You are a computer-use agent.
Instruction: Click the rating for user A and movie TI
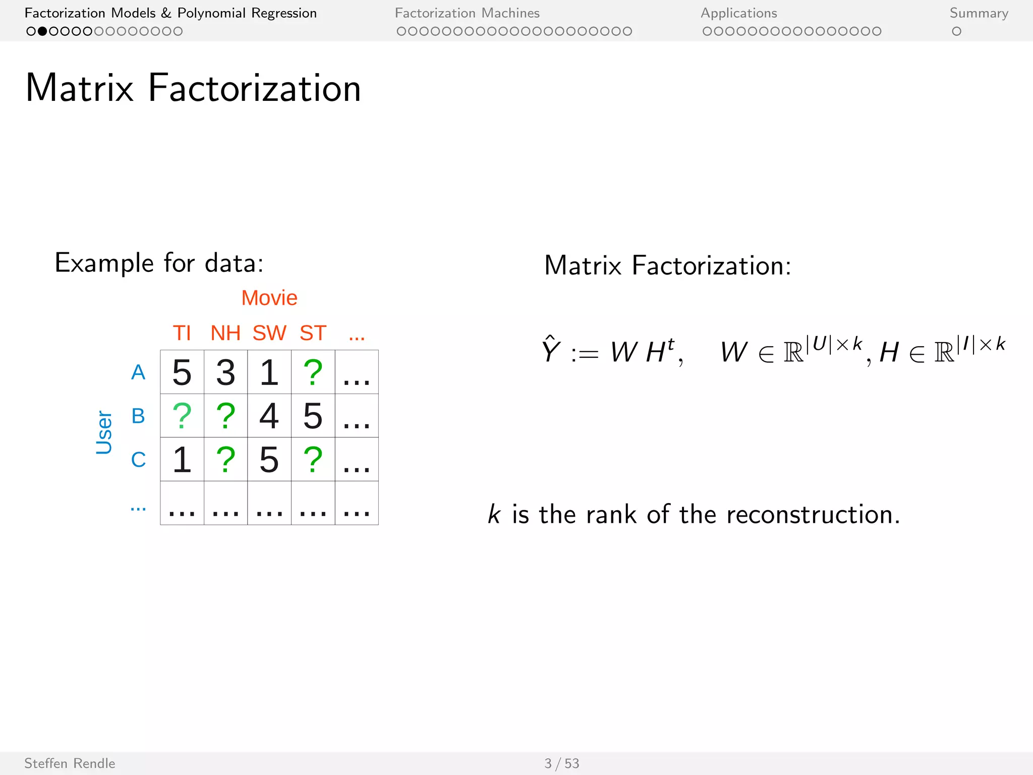[x=182, y=372]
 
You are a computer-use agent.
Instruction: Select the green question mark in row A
[x=313, y=372]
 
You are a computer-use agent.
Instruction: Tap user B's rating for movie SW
[x=269, y=416]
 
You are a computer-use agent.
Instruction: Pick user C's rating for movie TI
[x=182, y=460]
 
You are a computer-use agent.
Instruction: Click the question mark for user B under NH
[x=225, y=416]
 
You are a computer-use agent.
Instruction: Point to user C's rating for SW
[x=269, y=460]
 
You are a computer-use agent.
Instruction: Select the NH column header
[x=225, y=333]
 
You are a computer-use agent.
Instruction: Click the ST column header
[x=313, y=333]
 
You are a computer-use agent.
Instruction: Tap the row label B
[x=138, y=416]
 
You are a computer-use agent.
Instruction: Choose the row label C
[x=138, y=460]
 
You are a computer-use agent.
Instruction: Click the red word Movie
[x=269, y=298]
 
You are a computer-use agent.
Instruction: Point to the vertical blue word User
[x=104, y=432]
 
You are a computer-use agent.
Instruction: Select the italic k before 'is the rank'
[x=494, y=515]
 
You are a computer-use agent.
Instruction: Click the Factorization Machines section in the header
[x=467, y=13]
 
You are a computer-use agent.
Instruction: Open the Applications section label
[x=738, y=13]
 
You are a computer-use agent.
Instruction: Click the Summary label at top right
[x=979, y=13]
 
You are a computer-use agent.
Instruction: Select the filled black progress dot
[x=42, y=31]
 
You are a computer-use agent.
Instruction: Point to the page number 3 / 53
[x=561, y=763]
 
